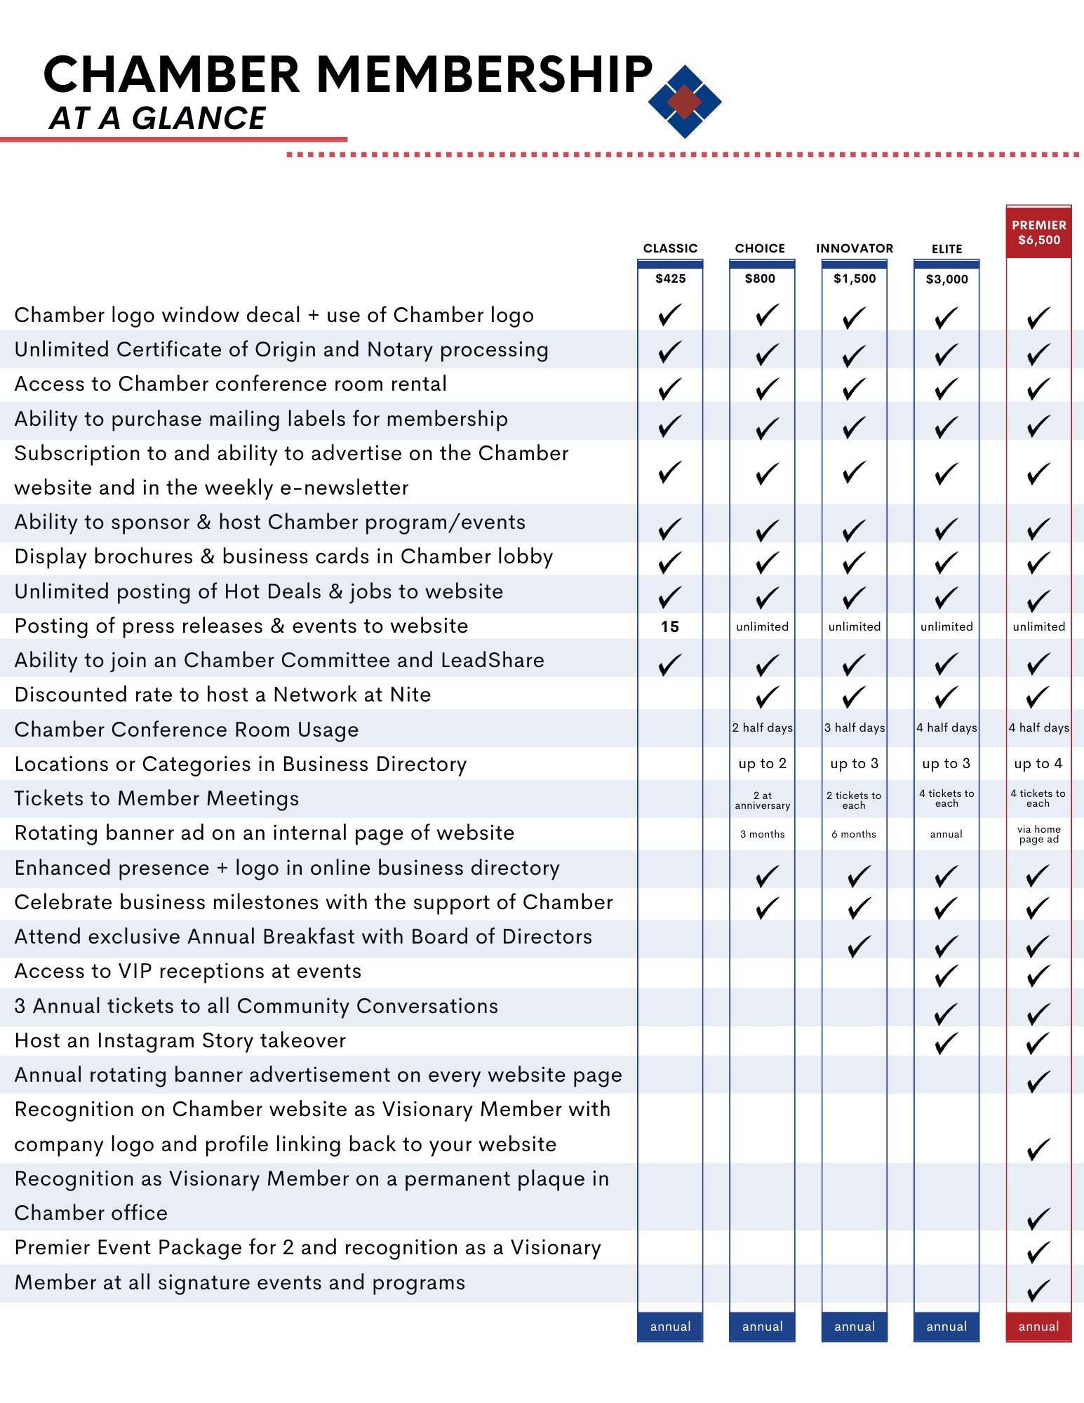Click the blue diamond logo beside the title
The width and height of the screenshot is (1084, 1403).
685,102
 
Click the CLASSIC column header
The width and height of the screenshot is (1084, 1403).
670,248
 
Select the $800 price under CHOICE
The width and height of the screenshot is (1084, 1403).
760,278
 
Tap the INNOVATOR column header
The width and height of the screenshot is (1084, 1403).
855,248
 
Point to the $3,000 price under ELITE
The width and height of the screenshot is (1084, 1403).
946,279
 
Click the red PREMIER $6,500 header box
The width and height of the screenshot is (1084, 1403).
1038,233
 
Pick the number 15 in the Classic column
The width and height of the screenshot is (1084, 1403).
670,626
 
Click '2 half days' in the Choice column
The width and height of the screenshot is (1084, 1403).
762,728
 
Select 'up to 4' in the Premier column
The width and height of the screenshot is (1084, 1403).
1038,763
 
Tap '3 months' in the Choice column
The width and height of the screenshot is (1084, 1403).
762,834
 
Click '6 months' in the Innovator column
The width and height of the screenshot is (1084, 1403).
854,834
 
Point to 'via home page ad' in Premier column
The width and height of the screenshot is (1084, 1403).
1038,834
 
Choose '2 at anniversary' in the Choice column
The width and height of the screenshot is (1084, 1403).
762,800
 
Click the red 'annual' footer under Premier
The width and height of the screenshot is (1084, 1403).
1038,1327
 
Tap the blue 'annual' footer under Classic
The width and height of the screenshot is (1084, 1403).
670,1327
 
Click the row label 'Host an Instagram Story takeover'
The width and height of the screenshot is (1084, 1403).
180,1040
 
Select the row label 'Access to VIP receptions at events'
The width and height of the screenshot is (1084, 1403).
188,971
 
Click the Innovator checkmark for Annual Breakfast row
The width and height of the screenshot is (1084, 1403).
858,946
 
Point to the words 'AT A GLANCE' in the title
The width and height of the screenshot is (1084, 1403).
157,118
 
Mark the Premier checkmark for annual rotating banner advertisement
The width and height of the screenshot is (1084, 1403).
1038,1081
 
